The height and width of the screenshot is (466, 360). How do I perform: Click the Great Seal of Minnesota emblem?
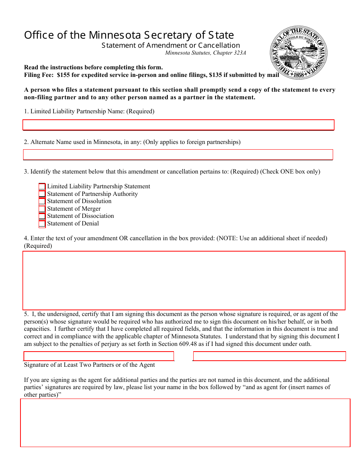click(x=299, y=53)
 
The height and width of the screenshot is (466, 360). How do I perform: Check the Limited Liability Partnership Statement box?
click(x=42, y=186)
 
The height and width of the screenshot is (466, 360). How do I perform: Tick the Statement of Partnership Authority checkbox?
click(x=42, y=194)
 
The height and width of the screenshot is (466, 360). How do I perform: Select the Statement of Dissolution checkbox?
click(x=42, y=201)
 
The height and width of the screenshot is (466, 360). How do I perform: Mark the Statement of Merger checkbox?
click(x=42, y=209)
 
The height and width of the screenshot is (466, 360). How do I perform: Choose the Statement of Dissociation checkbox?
click(x=42, y=216)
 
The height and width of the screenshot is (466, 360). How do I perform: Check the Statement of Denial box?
click(x=42, y=224)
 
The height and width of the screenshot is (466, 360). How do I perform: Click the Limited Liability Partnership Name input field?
click(x=178, y=125)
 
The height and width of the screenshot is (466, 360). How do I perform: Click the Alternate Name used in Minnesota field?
click(x=178, y=155)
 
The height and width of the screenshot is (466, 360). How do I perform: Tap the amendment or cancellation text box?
click(x=184, y=280)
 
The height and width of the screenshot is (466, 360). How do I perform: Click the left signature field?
click(x=99, y=356)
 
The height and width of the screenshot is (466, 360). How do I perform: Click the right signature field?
click(x=269, y=356)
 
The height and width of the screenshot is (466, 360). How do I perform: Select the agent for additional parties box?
click(x=185, y=422)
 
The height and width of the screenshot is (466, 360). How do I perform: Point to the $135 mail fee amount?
click(x=215, y=75)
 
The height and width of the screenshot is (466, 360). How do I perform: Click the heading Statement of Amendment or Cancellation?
click(x=171, y=45)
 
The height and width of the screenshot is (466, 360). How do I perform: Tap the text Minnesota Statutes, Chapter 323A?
click(x=205, y=53)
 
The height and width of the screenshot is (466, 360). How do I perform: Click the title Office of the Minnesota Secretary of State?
click(x=129, y=35)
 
